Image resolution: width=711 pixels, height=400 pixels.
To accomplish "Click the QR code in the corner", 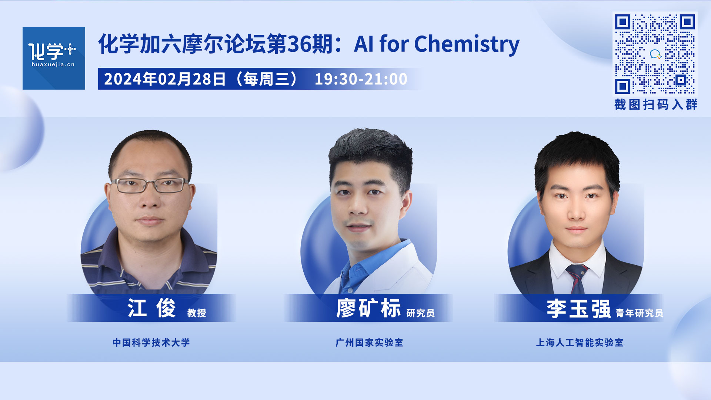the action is coord(655,54).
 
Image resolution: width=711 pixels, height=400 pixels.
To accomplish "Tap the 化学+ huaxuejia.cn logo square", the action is coord(54,58).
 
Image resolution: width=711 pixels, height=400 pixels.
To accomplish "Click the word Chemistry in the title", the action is coord(467,44).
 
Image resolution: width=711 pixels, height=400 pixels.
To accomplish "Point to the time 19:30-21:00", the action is coord(361,79).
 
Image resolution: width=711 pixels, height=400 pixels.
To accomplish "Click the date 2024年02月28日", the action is coord(165,79).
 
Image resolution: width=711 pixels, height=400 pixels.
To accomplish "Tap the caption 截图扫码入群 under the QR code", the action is coord(655,104).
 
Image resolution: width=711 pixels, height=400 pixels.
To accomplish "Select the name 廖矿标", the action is coord(368,308).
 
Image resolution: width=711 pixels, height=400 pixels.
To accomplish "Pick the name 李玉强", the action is coord(578,308).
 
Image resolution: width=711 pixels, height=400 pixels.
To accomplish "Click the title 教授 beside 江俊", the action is coord(197,313).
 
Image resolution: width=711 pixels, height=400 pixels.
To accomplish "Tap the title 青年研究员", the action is coord(640,313).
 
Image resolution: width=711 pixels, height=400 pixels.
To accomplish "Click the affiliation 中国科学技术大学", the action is coord(151,343).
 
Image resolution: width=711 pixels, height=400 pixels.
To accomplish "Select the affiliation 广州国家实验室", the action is coord(369,343).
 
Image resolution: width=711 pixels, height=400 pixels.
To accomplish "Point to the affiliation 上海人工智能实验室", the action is coord(580,343).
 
